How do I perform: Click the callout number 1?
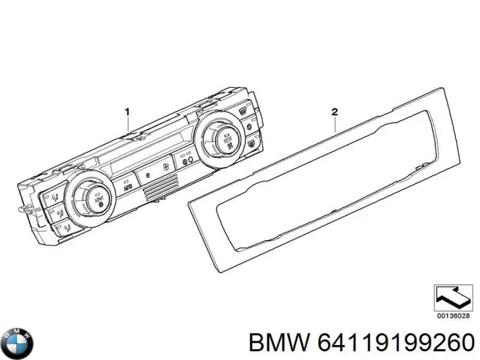pos(127,112)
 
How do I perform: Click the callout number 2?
pos(335,112)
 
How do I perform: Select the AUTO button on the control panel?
pos(128,188)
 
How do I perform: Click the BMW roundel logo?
pos(17,343)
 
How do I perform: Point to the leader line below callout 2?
pos(335,124)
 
